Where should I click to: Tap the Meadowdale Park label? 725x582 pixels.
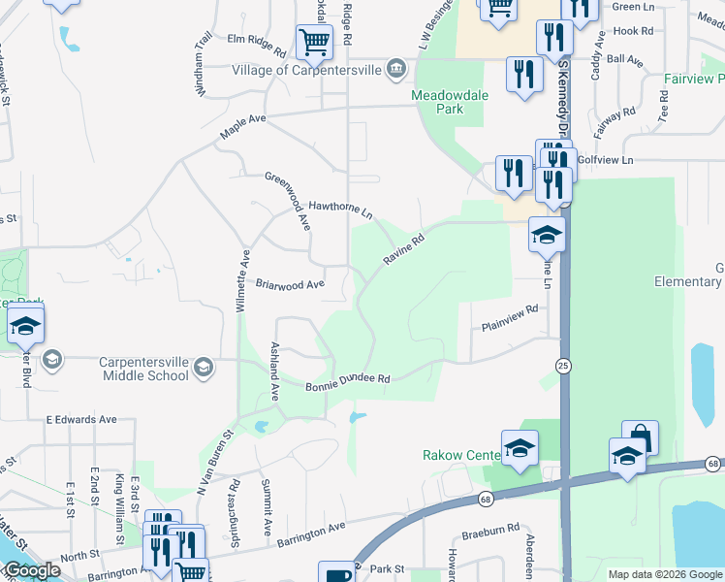[450, 102]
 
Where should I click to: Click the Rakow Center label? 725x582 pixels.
[459, 455]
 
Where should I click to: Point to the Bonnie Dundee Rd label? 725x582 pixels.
[347, 382]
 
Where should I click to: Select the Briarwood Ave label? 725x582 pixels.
[289, 285]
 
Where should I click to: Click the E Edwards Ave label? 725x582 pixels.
[81, 420]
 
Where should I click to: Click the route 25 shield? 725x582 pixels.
[562, 365]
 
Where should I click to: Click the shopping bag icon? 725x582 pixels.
[641, 437]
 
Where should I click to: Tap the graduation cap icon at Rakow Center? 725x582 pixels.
[520, 448]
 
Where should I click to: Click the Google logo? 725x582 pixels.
[32, 570]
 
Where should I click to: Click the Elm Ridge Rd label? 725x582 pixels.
[256, 47]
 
